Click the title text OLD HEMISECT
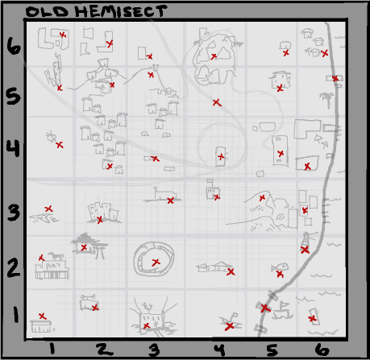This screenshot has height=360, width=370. (96, 11)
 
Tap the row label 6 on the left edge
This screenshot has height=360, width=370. (14, 46)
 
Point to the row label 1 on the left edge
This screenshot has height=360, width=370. (16, 315)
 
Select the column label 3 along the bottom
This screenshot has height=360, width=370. (154, 350)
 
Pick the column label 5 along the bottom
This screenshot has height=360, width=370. (272, 350)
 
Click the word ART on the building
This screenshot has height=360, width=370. (53, 266)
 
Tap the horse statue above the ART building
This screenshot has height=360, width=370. (56, 256)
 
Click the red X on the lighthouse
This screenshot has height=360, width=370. (305, 250)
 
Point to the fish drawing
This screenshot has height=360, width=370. (280, 267)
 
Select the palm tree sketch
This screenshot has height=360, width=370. (327, 100)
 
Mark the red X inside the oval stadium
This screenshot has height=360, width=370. (156, 263)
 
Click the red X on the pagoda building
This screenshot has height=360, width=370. (84, 247)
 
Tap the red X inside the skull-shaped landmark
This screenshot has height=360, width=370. (214, 56)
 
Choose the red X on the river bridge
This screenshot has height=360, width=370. (265, 308)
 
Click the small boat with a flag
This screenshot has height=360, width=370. (282, 311)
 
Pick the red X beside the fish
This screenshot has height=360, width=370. (280, 275)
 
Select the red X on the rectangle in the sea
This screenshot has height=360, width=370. (312, 319)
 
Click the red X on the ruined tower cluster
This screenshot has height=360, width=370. (100, 220)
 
